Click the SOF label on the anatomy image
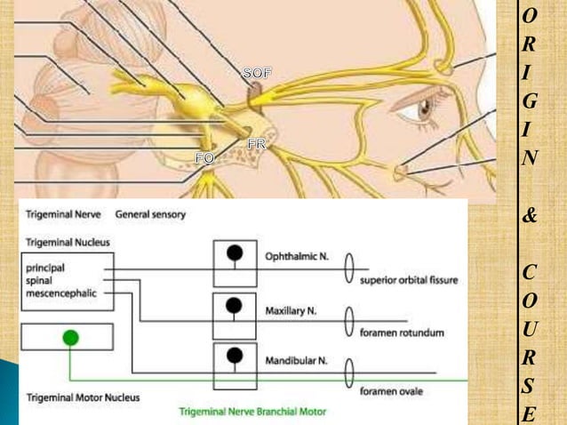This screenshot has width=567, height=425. point(258,73)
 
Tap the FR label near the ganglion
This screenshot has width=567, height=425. point(257,143)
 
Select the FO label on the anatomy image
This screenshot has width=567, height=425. point(204,157)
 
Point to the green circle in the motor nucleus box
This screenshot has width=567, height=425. point(71,338)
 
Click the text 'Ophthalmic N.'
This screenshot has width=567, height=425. point(297,256)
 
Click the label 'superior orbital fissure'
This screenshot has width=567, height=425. point(409,281)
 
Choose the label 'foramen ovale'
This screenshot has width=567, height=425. point(392,389)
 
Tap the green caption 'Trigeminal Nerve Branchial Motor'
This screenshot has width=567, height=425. point(253,413)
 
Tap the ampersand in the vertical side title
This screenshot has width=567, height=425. point(530,214)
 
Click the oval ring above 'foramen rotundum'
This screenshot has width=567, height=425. point(349,316)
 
